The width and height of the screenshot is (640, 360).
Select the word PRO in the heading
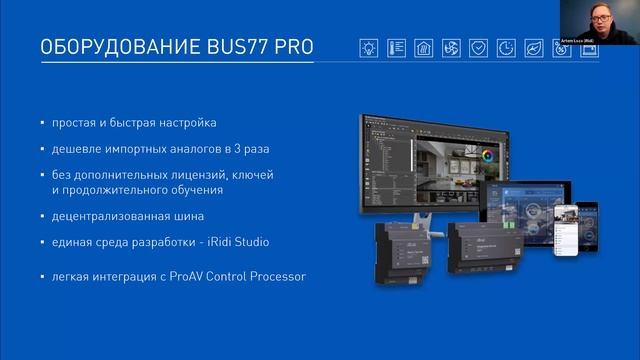(x=289, y=46)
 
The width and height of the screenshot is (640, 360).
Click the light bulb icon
(x=370, y=47)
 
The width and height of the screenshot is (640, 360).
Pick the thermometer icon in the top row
(x=397, y=47)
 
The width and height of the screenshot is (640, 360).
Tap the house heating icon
(x=424, y=47)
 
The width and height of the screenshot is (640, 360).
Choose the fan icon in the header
(x=452, y=47)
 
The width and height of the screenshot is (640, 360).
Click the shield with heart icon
(x=479, y=47)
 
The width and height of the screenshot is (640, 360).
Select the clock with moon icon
(x=507, y=47)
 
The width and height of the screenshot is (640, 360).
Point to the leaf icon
(x=534, y=47)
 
